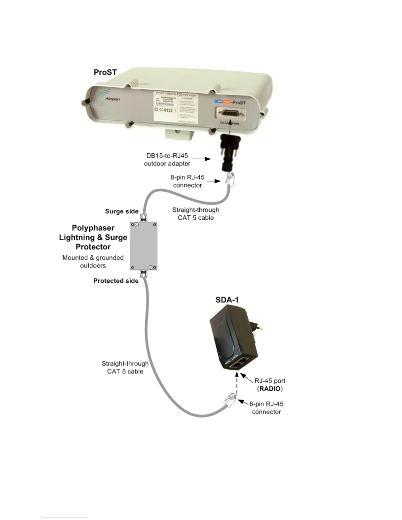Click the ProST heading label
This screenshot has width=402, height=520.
[x=105, y=72]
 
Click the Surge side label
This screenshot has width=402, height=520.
[x=122, y=211]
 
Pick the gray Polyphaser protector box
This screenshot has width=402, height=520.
[x=144, y=246]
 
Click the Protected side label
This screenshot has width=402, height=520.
[x=116, y=281]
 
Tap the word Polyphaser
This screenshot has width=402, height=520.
[x=93, y=228]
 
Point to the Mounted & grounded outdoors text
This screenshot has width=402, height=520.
[x=93, y=262]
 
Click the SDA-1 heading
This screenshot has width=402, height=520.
[x=227, y=299]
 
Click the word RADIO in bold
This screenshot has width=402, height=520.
[x=270, y=389]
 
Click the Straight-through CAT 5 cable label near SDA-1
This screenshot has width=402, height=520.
[x=125, y=368]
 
